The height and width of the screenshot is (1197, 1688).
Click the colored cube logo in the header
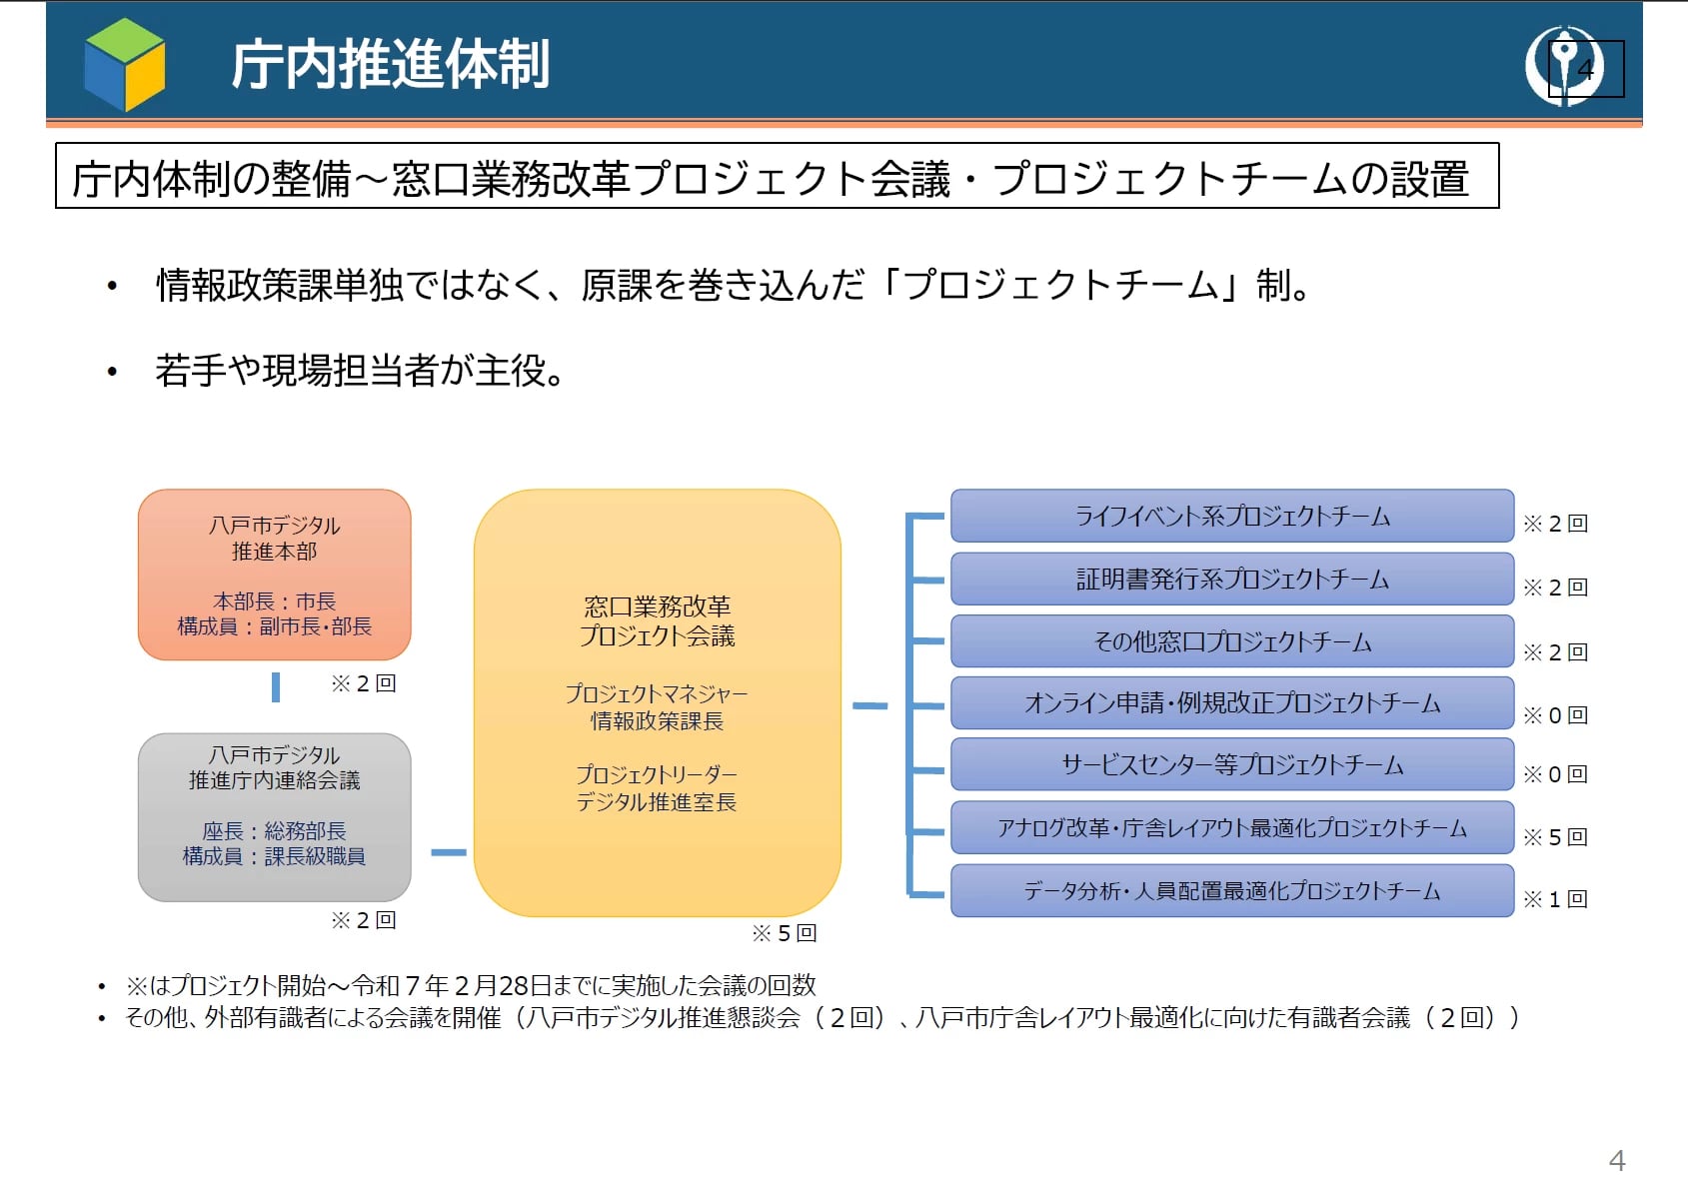(x=125, y=65)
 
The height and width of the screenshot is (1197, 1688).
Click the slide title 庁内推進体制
(x=390, y=65)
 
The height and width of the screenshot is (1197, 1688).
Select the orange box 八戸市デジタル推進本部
(x=275, y=575)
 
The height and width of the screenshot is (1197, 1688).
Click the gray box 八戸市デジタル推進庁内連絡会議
(x=275, y=817)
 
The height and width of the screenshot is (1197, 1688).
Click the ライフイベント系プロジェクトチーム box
(x=1231, y=517)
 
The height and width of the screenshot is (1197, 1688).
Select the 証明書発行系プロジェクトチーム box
(x=1231, y=580)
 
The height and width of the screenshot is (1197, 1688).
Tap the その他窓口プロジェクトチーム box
(x=1231, y=641)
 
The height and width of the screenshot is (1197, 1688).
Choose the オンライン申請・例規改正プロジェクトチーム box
(x=1231, y=703)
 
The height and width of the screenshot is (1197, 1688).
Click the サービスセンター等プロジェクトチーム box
(x=1231, y=765)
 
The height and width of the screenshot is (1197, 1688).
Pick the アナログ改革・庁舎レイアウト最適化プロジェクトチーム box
(x=1231, y=828)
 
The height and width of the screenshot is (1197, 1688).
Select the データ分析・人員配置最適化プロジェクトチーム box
(x=1231, y=891)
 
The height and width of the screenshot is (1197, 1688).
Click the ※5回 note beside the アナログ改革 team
(x=1555, y=837)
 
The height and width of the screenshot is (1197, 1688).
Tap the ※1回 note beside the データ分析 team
(x=1555, y=899)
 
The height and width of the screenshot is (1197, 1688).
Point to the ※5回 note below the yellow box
(x=785, y=933)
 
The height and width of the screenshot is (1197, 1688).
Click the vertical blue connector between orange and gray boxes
(x=276, y=686)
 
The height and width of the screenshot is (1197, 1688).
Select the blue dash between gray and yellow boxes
(x=449, y=852)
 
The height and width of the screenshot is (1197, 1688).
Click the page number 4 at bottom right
(x=1617, y=1161)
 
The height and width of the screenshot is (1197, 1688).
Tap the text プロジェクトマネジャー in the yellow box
(x=657, y=693)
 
